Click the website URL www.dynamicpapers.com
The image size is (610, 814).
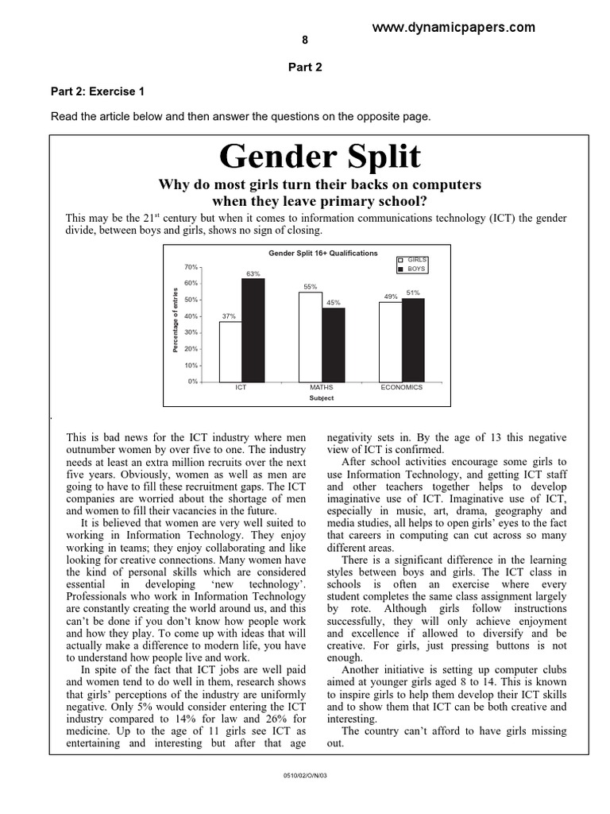pos(454,28)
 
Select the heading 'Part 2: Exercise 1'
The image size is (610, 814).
pos(98,91)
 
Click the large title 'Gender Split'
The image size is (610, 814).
pos(319,157)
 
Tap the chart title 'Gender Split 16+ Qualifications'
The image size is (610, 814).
pos(322,253)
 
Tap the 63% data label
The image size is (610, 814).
pos(253,273)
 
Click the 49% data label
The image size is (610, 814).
pos(390,297)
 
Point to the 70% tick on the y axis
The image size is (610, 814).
pos(191,267)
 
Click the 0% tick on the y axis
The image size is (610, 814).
pos(192,382)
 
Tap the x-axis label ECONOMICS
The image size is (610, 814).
pos(401,387)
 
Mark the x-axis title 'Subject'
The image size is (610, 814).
pos(322,397)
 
